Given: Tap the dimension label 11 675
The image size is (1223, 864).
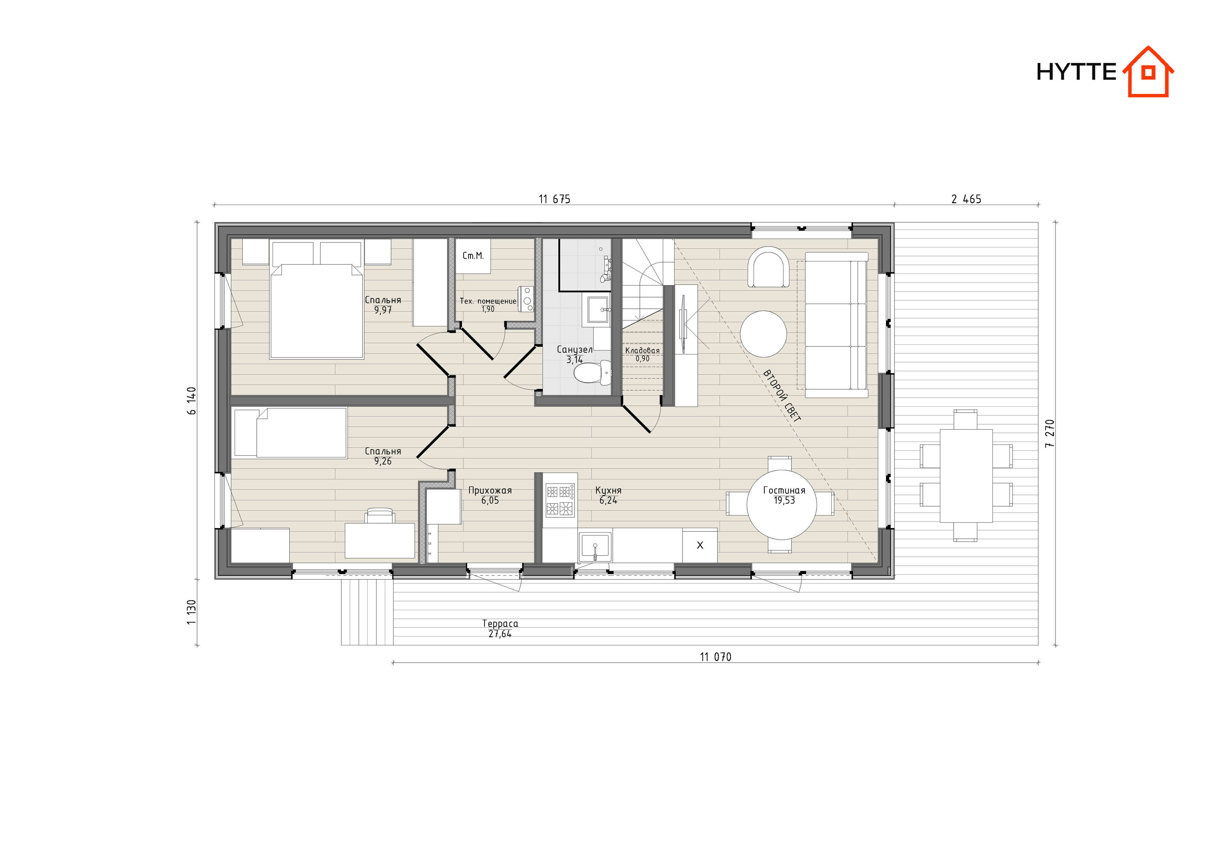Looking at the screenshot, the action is click(554, 199).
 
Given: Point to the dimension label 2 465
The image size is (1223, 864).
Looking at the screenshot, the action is click(966, 199).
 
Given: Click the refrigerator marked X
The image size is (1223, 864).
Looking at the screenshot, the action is click(699, 545).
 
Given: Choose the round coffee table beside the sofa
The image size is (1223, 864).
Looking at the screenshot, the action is click(763, 334).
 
